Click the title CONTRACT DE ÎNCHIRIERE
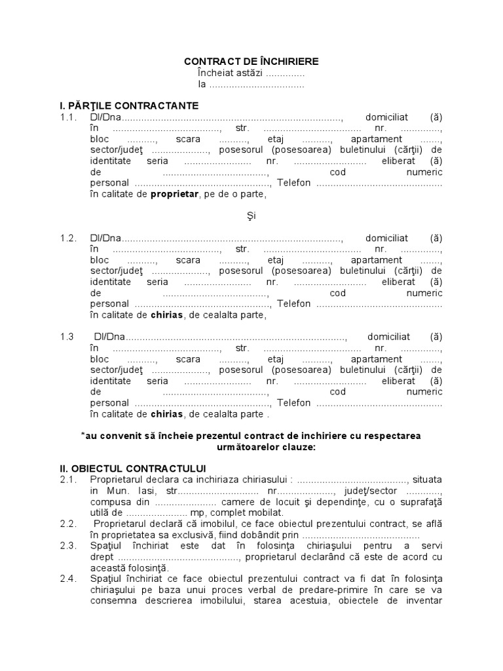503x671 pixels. point(251,62)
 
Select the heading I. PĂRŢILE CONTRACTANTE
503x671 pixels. point(129,105)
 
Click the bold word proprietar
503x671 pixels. point(174,194)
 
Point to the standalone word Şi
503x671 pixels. point(251,216)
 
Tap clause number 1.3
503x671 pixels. point(68,337)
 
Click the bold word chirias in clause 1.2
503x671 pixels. point(167,315)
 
